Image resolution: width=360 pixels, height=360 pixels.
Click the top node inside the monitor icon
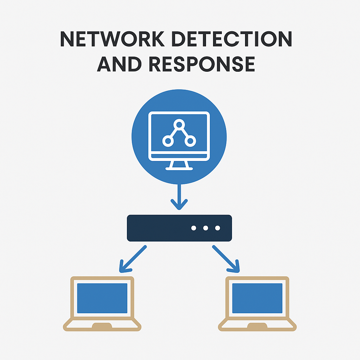(x=179, y=124)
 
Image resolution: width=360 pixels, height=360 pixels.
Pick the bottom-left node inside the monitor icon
(x=168, y=141)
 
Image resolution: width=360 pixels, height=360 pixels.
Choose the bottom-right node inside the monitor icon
(x=190, y=141)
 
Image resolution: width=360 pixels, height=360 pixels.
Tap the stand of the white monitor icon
(x=179, y=165)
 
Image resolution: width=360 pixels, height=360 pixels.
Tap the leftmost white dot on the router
(x=194, y=228)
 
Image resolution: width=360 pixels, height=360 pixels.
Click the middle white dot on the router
(x=206, y=228)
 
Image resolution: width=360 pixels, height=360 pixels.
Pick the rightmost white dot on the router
(x=218, y=228)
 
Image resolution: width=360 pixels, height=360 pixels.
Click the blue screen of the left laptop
(x=102, y=298)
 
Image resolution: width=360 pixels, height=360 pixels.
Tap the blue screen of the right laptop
(x=257, y=298)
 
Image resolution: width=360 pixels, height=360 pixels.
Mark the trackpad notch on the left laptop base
(x=102, y=326)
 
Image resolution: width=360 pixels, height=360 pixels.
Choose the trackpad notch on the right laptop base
(x=257, y=326)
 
